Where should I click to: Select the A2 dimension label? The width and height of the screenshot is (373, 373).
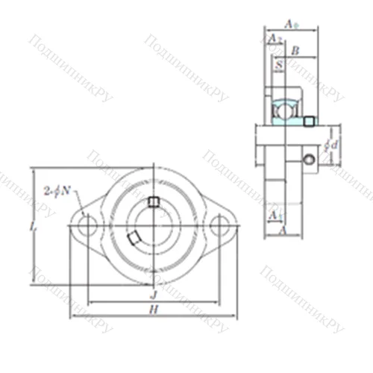(x=273, y=38)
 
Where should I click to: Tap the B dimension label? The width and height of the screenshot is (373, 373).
(x=294, y=51)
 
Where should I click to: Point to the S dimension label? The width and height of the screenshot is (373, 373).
(x=278, y=66)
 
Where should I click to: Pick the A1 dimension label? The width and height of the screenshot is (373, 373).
(x=274, y=215)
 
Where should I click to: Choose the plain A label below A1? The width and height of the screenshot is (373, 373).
(x=282, y=231)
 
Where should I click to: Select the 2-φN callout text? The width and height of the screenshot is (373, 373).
(x=57, y=190)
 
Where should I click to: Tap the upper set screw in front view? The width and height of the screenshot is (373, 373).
(x=153, y=201)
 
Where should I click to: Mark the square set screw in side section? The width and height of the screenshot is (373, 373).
(x=309, y=122)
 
